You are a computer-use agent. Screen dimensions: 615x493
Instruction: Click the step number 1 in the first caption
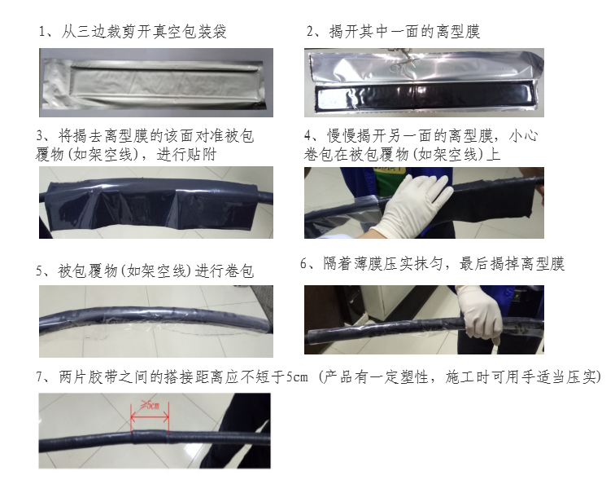click(x=42, y=32)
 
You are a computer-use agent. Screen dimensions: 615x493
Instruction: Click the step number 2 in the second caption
click(x=310, y=32)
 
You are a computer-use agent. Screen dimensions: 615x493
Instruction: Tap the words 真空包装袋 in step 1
click(x=190, y=32)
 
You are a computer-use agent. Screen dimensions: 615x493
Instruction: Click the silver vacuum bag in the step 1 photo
click(x=155, y=83)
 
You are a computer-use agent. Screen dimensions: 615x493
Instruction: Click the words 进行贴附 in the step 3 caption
click(x=186, y=154)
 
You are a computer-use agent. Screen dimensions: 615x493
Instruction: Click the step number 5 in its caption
click(x=40, y=271)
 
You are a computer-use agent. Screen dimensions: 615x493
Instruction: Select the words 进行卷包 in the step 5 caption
click(x=225, y=271)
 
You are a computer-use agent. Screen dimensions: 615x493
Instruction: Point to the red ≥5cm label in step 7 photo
click(x=150, y=404)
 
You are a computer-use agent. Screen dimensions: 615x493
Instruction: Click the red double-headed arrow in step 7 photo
click(x=150, y=416)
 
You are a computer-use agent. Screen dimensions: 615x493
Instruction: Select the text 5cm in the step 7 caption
click(x=297, y=377)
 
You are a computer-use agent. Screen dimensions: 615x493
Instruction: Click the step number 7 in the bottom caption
click(x=40, y=377)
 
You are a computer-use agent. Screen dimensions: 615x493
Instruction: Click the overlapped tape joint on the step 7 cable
click(x=150, y=437)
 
